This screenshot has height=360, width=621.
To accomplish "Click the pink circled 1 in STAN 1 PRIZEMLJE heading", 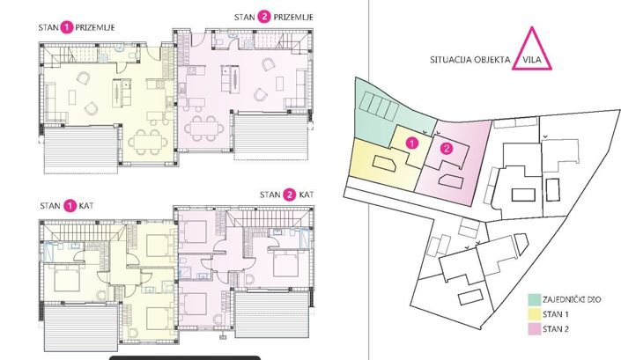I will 66,28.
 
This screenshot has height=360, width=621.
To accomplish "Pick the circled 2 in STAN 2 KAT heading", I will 289,194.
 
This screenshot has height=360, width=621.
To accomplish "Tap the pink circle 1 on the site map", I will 410,140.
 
